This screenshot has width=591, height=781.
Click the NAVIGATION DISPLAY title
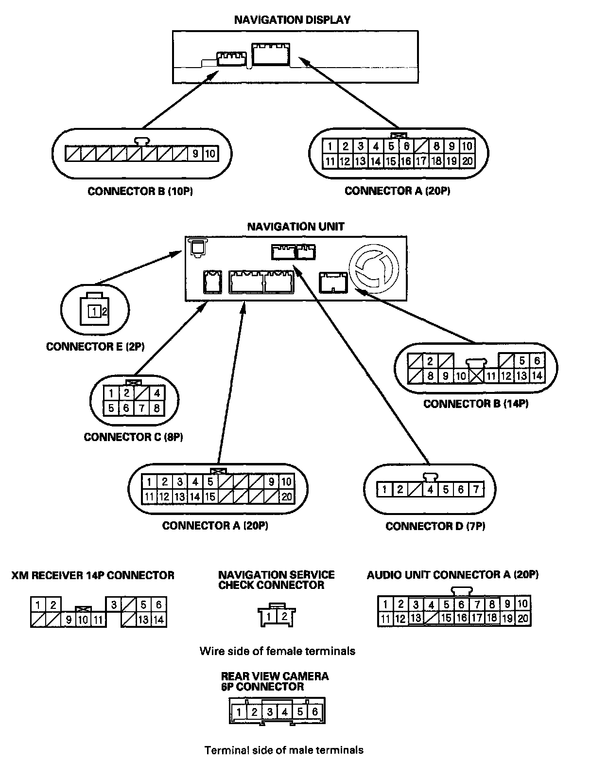[x=292, y=20]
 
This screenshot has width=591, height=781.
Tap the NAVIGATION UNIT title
[x=295, y=227]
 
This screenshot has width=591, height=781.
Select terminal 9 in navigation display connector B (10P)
[x=195, y=154]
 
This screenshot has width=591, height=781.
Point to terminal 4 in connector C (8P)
[x=156, y=393]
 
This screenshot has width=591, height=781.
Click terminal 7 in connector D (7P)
[x=476, y=489]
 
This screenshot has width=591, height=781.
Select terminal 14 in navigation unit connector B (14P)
[x=537, y=375]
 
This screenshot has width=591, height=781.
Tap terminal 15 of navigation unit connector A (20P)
[x=210, y=497]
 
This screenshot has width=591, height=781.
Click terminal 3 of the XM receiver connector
[x=114, y=604]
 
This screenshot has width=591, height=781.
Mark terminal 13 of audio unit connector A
[x=415, y=618]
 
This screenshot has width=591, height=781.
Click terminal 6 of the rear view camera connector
[x=315, y=712]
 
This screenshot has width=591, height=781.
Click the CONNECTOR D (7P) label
[x=435, y=526]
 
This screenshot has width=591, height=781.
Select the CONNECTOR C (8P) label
[x=133, y=437]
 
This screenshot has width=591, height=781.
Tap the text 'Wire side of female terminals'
[x=277, y=651]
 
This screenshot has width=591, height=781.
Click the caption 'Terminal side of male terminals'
[x=284, y=749]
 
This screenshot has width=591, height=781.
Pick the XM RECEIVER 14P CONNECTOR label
[x=93, y=575]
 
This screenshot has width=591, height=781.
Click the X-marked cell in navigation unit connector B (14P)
[x=476, y=375]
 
